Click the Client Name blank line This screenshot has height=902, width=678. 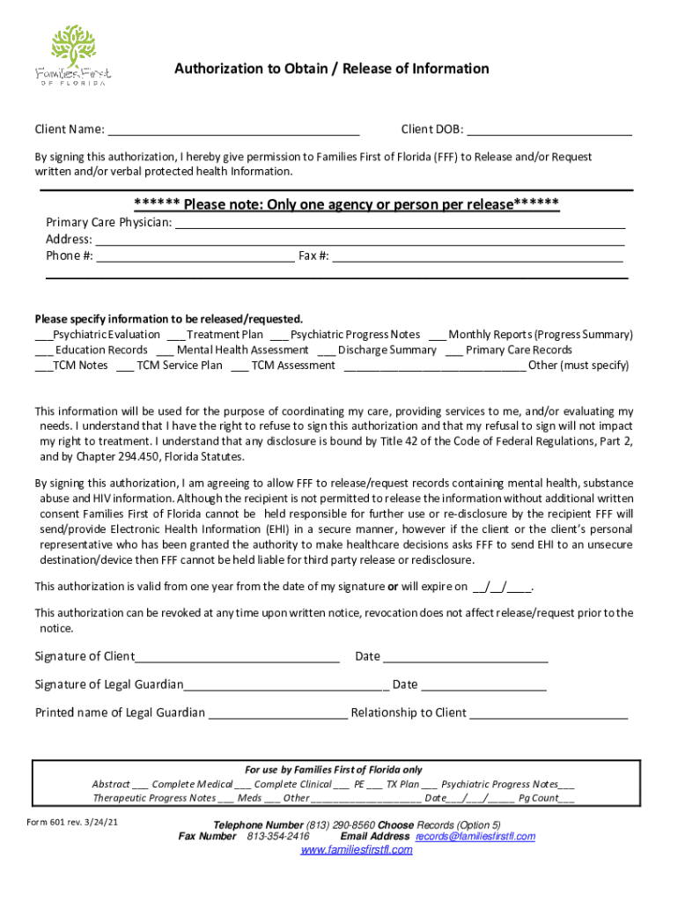pyautogui.click(x=233, y=133)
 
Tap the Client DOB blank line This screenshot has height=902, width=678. pyautogui.click(x=549, y=133)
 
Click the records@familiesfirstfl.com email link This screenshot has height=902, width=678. pyautogui.click(x=475, y=836)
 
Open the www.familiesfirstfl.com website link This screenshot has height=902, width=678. pyautogui.click(x=357, y=850)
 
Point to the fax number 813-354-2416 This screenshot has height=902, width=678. pyautogui.click(x=278, y=836)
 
